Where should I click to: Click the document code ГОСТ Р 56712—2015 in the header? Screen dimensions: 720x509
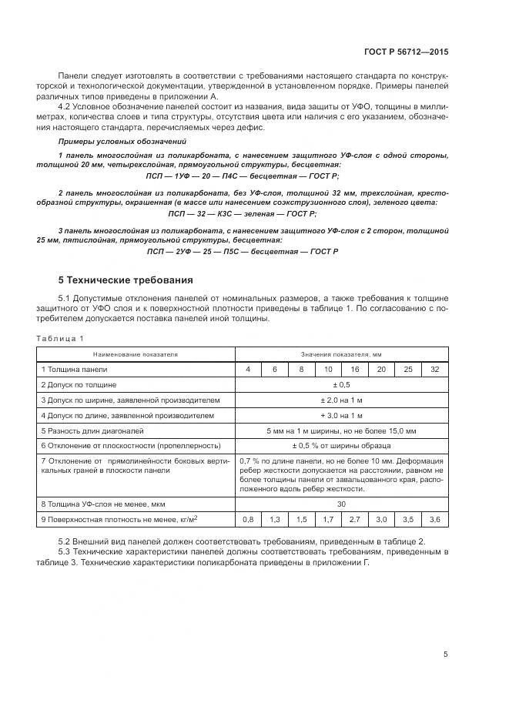pyautogui.click(x=407, y=52)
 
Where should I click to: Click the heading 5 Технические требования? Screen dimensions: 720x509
pyautogui.click(x=126, y=280)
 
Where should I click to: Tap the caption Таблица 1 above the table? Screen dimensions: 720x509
pyautogui.click(x=59, y=338)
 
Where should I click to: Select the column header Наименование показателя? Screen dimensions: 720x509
pyautogui.click(x=135, y=355)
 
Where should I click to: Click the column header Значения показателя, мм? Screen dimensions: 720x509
pyautogui.click(x=340, y=355)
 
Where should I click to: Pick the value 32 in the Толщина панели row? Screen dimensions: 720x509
pyautogui.click(x=434, y=370)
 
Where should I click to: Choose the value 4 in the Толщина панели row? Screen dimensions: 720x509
pyautogui.click(x=247, y=370)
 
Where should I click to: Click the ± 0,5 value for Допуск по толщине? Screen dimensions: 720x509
pyautogui.click(x=340, y=384)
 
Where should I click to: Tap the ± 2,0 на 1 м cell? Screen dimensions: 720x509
pyautogui.click(x=340, y=400)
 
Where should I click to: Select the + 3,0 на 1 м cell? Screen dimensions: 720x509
pyautogui.click(x=340, y=415)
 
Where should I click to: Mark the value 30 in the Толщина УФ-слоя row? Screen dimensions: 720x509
pyautogui.click(x=340, y=504)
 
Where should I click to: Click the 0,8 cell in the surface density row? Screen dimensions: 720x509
pyautogui.click(x=247, y=520)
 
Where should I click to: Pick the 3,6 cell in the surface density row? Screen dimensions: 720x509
pyautogui.click(x=434, y=520)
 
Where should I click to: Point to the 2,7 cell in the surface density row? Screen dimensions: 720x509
pyautogui.click(x=355, y=520)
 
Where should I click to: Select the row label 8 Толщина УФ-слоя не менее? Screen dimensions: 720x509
pyautogui.click(x=102, y=504)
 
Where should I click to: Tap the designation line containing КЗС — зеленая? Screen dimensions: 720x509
pyautogui.click(x=242, y=213)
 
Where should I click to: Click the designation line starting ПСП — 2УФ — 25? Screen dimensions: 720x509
pyautogui.click(x=242, y=252)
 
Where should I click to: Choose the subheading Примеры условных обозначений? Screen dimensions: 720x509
pyautogui.click(x=111, y=142)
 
